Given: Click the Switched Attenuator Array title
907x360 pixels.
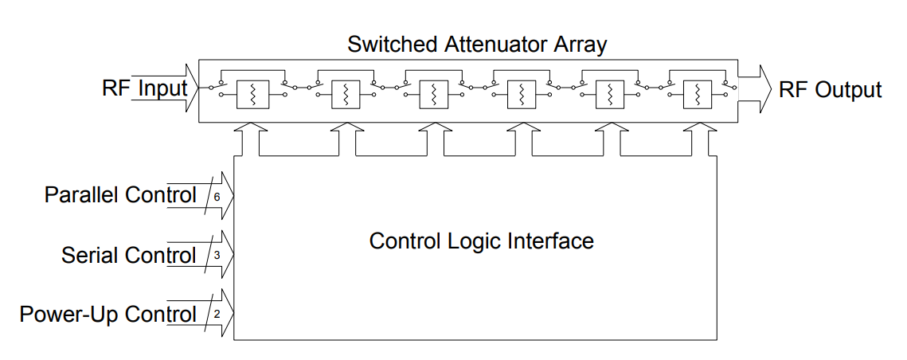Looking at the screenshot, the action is pyautogui.click(x=477, y=45).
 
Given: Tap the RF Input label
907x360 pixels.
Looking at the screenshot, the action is pyautogui.click(x=145, y=88).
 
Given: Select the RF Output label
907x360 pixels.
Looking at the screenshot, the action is pyautogui.click(x=831, y=90).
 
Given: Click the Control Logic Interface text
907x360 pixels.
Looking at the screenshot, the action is pyautogui.click(x=481, y=241).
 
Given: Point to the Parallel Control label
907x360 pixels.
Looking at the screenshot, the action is pyautogui.click(x=121, y=195).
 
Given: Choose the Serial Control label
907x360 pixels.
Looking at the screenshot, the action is pyautogui.click(x=129, y=255).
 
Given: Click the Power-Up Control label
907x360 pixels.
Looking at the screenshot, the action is pyautogui.click(x=108, y=315).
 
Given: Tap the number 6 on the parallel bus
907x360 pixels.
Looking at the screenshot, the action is pyautogui.click(x=217, y=197).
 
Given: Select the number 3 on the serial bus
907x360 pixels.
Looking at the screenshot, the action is pyautogui.click(x=217, y=254).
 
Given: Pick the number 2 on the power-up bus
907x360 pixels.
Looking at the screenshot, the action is pyautogui.click(x=217, y=315).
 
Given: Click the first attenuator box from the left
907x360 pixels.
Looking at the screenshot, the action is pyautogui.click(x=252, y=94).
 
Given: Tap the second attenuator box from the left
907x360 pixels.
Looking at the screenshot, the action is pyautogui.click(x=346, y=94).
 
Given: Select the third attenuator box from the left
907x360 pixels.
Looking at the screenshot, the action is pyautogui.click(x=434, y=94).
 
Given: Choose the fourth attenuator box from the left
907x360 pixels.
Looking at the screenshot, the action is pyautogui.click(x=522, y=94).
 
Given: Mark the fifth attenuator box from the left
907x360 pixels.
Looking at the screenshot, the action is pyautogui.click(x=610, y=94).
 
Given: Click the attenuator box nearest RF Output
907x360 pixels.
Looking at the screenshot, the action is pyautogui.click(x=698, y=94).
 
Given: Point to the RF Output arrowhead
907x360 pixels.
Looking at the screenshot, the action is pyautogui.click(x=764, y=89).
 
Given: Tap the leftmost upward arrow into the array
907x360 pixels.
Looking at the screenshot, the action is pyautogui.click(x=248, y=139).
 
